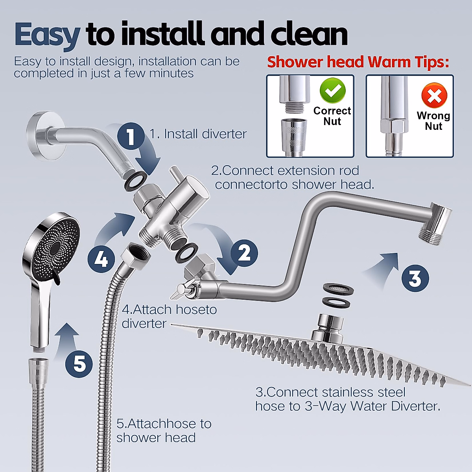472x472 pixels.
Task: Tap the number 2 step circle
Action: click(x=244, y=253)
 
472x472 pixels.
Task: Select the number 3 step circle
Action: click(x=415, y=278)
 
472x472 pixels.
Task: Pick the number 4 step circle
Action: click(x=101, y=259)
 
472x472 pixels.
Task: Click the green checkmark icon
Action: click(x=332, y=90)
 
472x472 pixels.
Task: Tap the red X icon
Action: click(x=434, y=95)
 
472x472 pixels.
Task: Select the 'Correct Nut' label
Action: click(x=332, y=116)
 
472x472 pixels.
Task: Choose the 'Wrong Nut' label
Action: click(x=433, y=121)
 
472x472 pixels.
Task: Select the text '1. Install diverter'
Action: click(x=198, y=134)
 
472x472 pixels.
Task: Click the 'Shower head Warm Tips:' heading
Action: click(x=358, y=62)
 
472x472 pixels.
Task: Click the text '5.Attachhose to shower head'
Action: click(x=164, y=430)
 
